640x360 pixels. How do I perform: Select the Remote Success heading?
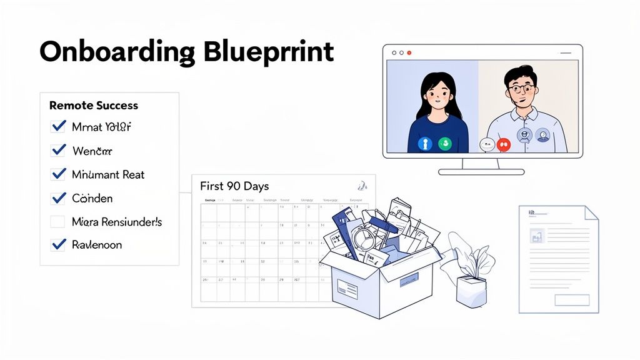(x=94, y=106)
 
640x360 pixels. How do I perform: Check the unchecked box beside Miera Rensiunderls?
(x=57, y=222)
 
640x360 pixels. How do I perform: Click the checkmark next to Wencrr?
(x=58, y=151)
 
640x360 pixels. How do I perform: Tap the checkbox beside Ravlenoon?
(x=58, y=245)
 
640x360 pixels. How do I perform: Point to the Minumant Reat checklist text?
(x=108, y=174)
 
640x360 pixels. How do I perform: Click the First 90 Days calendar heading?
(x=234, y=186)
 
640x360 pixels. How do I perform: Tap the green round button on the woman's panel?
(x=445, y=144)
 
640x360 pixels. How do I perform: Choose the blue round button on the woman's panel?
(x=424, y=144)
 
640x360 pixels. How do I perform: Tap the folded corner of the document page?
(x=591, y=212)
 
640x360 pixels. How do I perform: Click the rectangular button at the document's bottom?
(x=571, y=300)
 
